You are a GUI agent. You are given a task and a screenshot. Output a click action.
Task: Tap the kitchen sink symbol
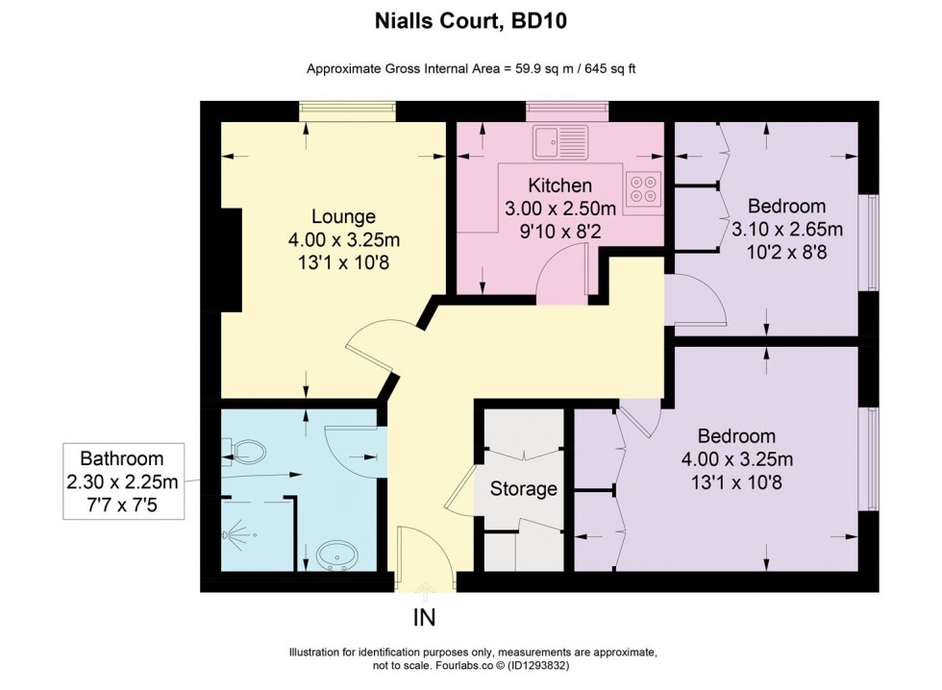562,141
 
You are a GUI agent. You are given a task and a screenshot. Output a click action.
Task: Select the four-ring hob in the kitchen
644,188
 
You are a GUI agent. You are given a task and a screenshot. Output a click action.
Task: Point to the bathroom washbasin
336,554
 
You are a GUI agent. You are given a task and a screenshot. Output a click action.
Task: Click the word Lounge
343,216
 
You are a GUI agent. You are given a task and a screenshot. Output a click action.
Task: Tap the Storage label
524,489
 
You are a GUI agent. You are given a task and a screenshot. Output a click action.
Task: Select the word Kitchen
559,185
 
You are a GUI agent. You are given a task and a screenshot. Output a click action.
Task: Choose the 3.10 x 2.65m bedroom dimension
786,230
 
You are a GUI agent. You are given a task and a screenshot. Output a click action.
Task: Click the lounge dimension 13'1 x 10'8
343,260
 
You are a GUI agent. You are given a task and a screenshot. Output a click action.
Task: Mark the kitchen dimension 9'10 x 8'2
559,231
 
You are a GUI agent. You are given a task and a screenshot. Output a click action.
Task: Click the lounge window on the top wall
346,111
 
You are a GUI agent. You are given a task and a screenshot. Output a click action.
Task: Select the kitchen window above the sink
567,111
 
